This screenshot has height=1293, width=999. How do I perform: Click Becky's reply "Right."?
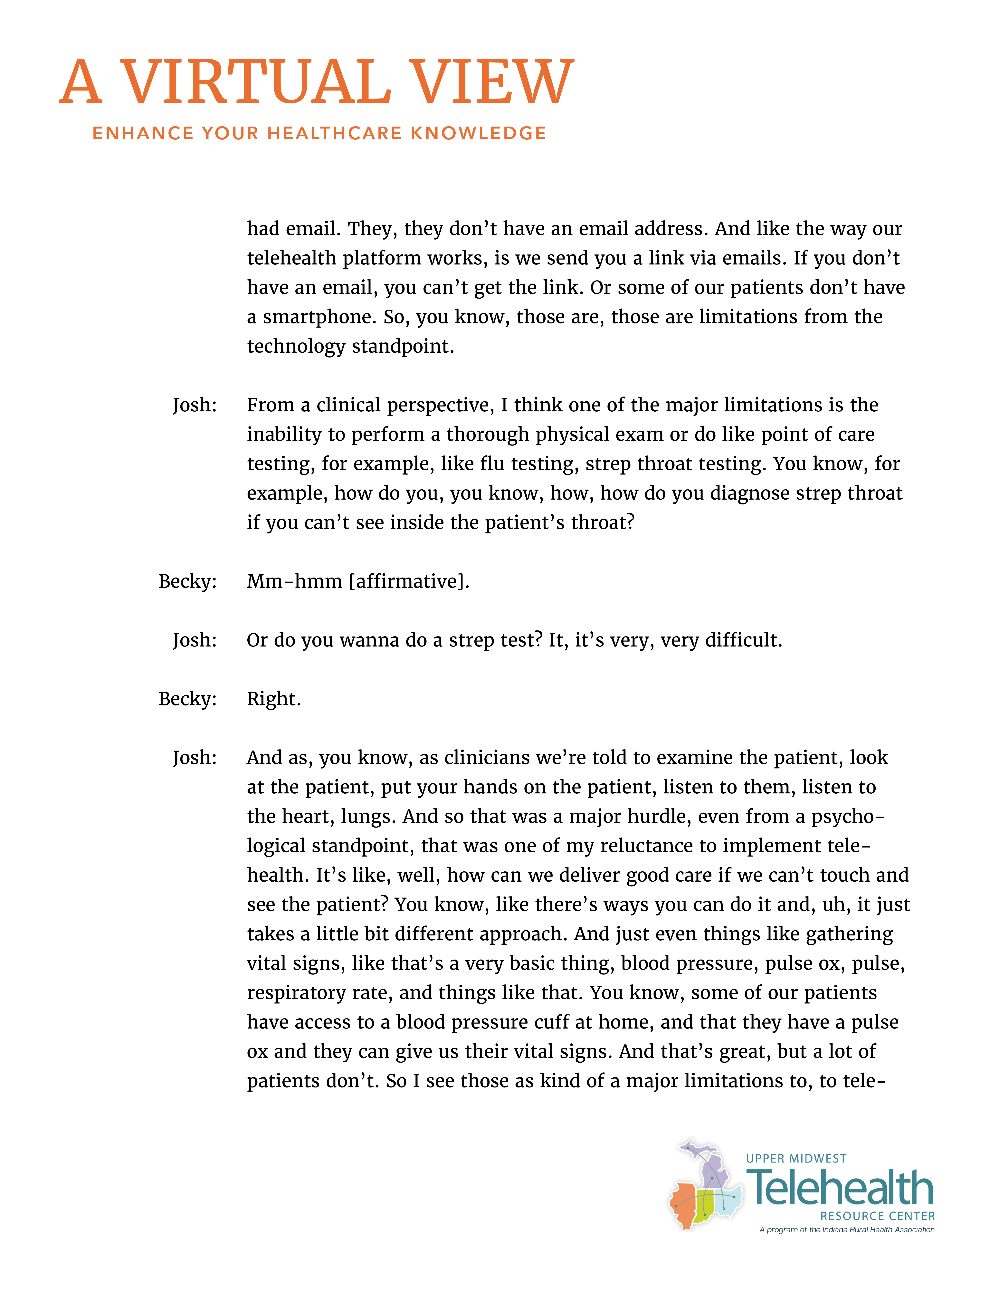(x=273, y=699)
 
